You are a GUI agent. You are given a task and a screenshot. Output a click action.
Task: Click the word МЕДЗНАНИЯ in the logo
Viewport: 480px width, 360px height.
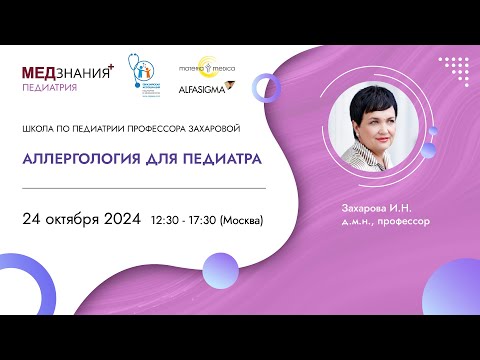tap(63, 73)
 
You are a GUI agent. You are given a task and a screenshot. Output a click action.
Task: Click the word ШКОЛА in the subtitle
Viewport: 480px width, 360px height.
tap(40, 127)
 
